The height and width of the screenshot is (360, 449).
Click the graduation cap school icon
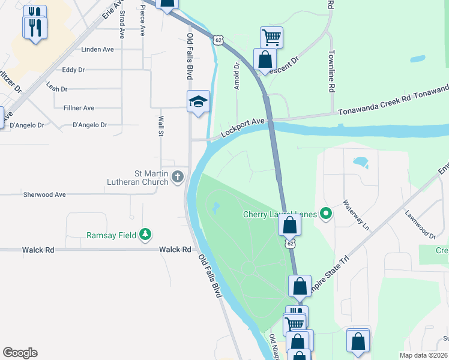(x=198, y=101)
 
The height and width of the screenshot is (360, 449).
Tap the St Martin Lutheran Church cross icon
(x=177, y=176)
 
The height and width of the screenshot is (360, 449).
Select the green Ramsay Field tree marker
(x=145, y=235)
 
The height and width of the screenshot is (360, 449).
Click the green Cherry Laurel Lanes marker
(x=326, y=214)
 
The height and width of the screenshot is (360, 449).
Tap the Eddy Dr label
(x=73, y=70)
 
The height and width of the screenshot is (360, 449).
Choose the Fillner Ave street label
(x=79, y=108)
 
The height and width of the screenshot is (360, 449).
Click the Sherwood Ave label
(x=44, y=195)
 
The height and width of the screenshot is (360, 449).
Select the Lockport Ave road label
(x=243, y=129)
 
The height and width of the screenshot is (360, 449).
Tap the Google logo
(x=20, y=353)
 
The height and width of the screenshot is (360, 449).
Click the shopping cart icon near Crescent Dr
(x=271, y=37)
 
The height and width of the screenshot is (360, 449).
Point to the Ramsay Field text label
(x=112, y=235)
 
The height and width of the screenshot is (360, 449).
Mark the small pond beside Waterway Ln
(x=361, y=162)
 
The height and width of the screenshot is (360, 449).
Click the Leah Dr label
(x=56, y=88)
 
